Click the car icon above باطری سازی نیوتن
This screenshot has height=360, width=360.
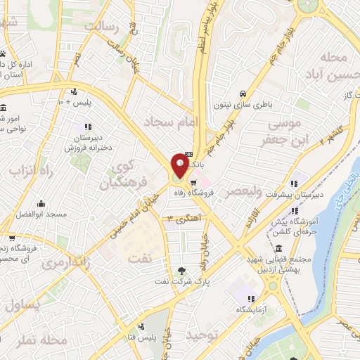pyautogui.click(x=242, y=94)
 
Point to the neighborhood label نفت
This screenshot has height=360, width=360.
pyautogui.click(x=139, y=257)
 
